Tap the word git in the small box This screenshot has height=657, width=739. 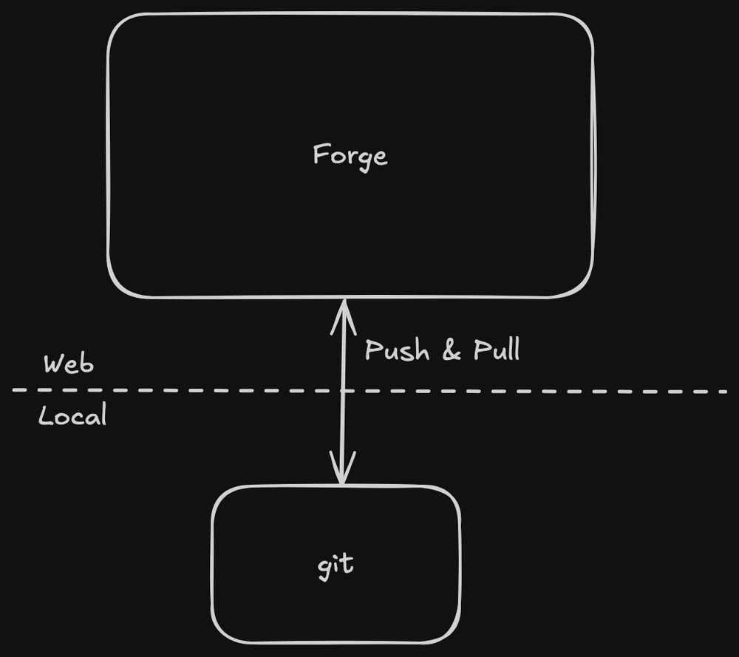336,565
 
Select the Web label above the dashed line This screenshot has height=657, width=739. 69,364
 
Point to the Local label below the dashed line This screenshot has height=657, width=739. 72,416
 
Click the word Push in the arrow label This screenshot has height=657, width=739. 397,350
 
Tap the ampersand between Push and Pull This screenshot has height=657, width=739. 451,350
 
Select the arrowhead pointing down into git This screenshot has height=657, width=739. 342,473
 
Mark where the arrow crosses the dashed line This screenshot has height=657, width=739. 343,390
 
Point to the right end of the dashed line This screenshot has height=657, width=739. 726,391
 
